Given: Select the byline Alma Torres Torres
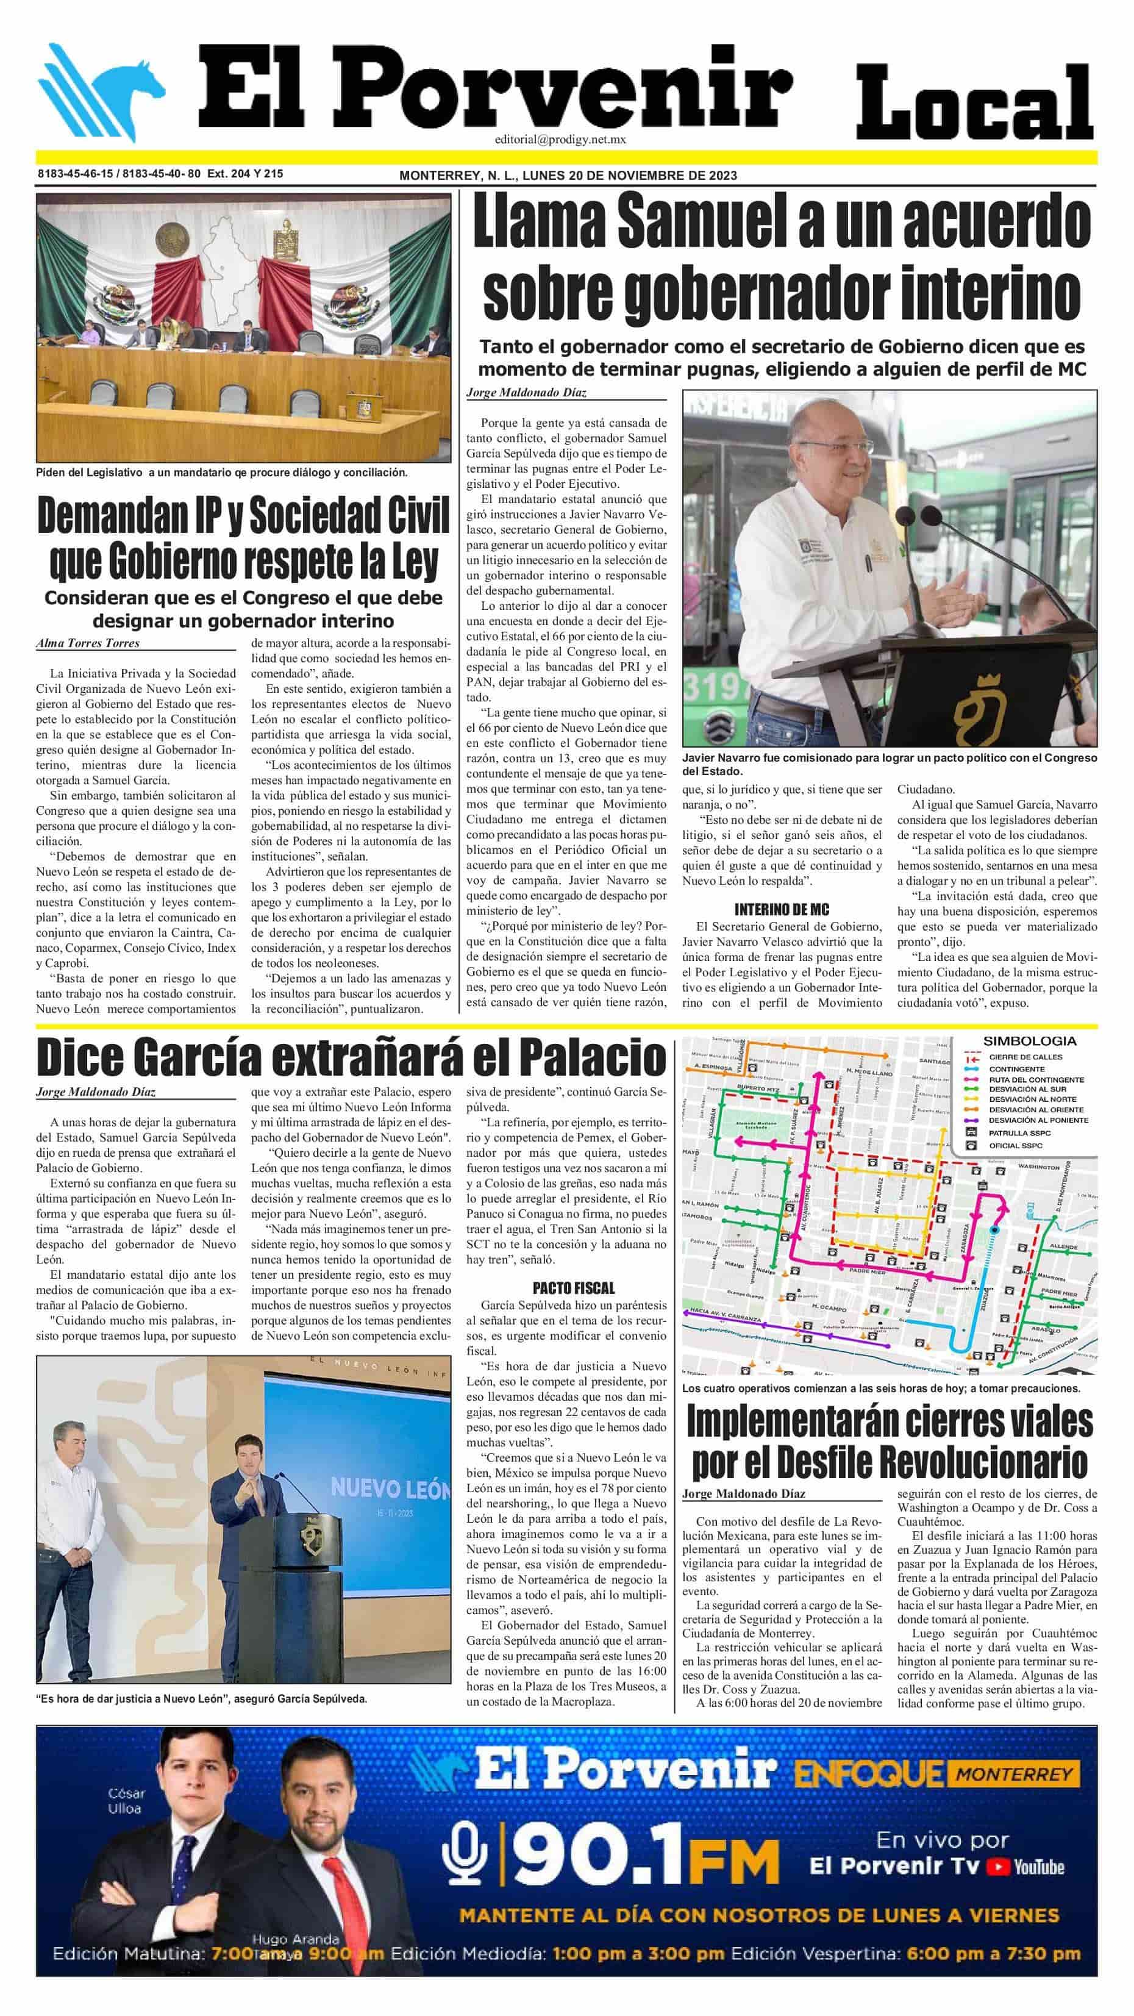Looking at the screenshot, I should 88,643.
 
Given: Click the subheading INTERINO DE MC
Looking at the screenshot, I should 781,909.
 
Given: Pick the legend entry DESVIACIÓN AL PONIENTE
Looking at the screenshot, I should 1038,1120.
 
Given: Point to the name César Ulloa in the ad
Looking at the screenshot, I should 126,1801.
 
